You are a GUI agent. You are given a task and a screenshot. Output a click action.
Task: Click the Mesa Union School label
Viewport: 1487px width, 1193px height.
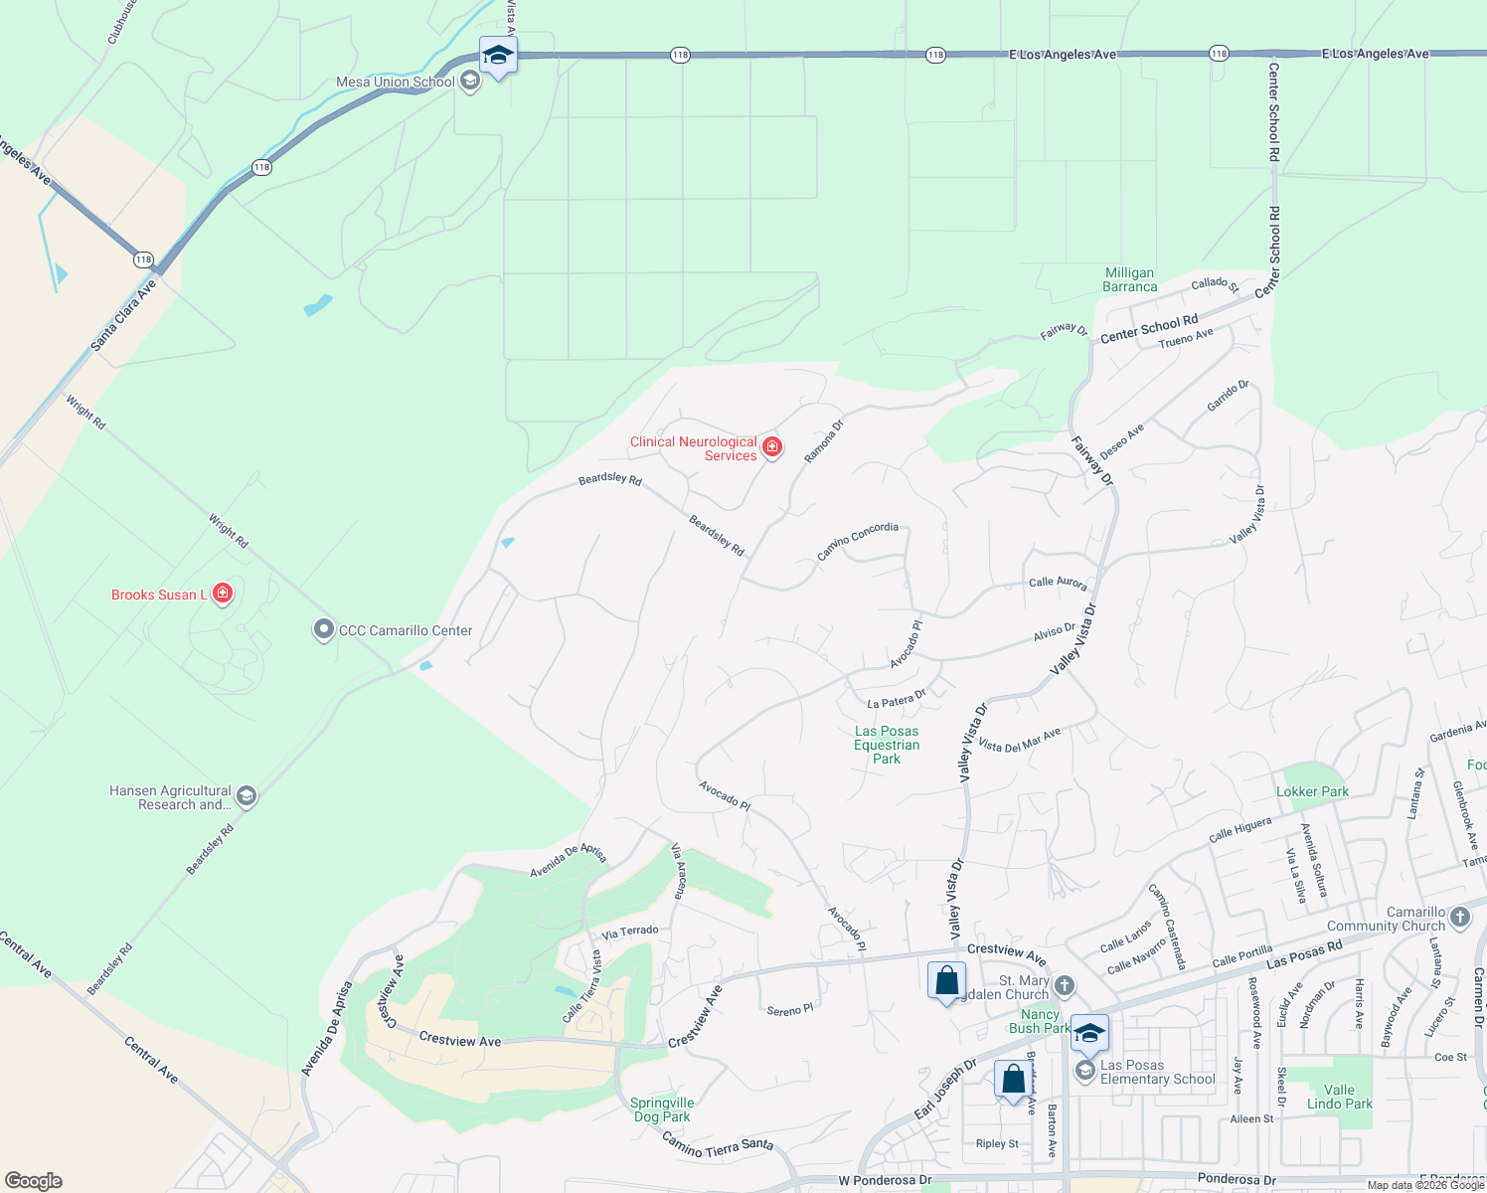coord(395,82)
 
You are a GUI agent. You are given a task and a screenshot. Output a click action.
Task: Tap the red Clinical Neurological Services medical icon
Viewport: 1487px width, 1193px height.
coord(772,448)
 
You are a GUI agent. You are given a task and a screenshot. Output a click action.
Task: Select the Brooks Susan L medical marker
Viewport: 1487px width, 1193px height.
coord(224,595)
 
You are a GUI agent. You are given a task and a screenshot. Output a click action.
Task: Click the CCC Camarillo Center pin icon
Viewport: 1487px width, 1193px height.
coord(323,630)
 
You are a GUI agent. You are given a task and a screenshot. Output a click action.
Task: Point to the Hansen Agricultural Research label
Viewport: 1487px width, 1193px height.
coord(170,797)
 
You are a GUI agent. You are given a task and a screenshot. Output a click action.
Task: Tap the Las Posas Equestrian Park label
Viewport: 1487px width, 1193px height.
coord(887,745)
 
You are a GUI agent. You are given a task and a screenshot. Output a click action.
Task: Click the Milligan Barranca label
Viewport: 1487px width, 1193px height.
coord(1129,279)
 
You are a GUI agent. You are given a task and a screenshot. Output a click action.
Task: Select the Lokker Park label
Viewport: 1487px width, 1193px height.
coord(1312,792)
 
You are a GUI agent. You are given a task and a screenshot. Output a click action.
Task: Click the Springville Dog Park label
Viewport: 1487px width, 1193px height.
coord(662,1109)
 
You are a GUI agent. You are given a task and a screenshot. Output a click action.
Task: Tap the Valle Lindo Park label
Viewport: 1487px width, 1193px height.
coord(1339,1097)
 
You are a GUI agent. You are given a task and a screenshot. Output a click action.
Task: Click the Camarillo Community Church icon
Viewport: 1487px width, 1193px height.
coord(1459,917)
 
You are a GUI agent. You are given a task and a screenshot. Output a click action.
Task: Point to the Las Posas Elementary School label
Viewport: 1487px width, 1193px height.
coord(1157,1072)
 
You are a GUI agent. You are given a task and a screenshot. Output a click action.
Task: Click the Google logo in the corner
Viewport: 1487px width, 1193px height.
coord(33,1181)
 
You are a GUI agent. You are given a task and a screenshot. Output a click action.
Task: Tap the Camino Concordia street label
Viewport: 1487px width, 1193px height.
coord(858,541)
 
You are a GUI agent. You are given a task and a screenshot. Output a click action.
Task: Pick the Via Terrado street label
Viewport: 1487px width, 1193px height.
coord(630,932)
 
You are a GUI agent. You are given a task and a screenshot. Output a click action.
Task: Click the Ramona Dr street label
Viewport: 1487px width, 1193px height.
coord(823,440)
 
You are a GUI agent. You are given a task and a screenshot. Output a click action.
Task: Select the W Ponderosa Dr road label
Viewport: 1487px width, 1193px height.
coord(885,1180)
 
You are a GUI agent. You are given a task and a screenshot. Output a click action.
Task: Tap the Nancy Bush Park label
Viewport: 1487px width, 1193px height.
coord(1040,1021)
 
